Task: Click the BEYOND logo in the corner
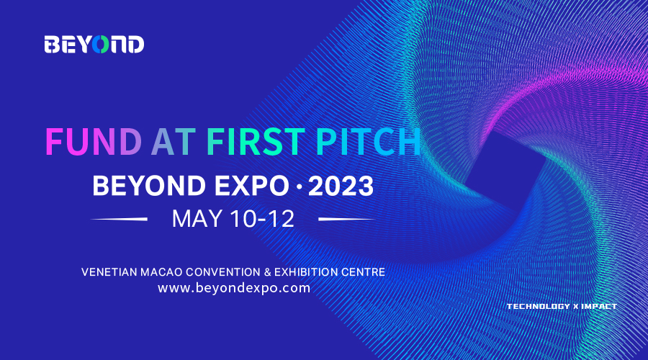[94, 45]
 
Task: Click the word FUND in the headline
[94, 142]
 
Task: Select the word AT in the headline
[174, 142]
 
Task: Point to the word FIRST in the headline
[256, 142]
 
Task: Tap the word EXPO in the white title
[252, 186]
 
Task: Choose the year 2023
[341, 186]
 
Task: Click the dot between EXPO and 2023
[300, 186]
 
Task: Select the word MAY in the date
[197, 219]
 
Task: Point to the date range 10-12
[262, 219]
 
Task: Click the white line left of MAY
[119, 219]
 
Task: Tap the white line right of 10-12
[347, 219]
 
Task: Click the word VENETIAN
[109, 272]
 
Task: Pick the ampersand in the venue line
[267, 272]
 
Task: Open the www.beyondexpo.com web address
[234, 288]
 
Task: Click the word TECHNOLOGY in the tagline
[539, 306]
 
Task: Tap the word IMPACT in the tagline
[599, 306]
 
